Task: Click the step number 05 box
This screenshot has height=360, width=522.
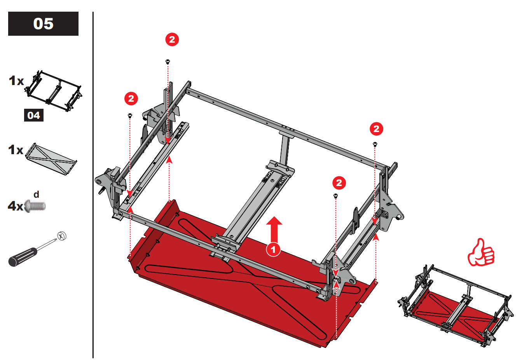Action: (43, 24)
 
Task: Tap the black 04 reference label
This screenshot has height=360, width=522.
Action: (34, 115)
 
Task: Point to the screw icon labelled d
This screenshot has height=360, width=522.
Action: (35, 206)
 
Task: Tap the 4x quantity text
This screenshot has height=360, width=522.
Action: (16, 206)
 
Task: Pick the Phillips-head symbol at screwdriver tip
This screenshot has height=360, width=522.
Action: (62, 236)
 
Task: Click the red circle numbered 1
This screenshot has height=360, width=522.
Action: (273, 249)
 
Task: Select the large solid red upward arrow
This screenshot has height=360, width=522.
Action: (274, 229)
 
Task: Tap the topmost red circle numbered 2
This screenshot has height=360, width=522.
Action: (172, 39)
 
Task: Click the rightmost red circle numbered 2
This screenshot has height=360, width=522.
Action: (376, 129)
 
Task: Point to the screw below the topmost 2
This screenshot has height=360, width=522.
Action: (168, 61)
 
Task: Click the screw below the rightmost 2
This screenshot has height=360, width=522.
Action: (375, 144)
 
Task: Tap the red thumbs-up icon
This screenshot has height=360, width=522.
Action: (481, 253)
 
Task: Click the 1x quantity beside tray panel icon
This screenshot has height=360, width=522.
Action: (16, 150)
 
